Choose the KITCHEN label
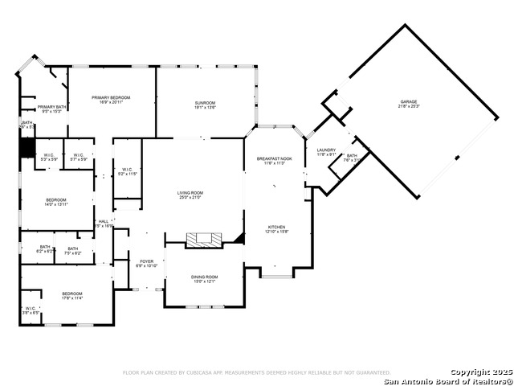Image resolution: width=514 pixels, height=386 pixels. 276,229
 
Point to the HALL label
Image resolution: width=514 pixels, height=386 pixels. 104,223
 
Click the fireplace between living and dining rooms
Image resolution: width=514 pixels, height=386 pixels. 201,239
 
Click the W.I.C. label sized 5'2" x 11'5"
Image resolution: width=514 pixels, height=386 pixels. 128,171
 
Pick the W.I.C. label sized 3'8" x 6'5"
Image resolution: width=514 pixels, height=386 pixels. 31,310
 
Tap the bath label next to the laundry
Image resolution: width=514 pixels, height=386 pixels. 352,157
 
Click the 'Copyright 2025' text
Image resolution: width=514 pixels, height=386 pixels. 480,372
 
